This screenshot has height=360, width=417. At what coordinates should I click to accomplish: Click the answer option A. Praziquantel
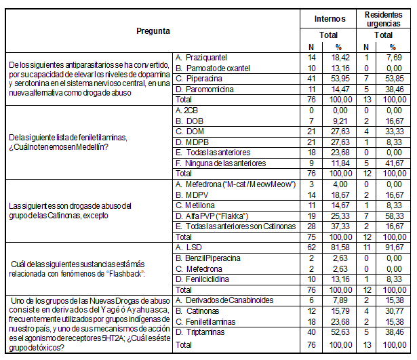[201, 58]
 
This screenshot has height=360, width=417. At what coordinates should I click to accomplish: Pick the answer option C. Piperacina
[198, 78]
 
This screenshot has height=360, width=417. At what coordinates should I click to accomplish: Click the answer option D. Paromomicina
[204, 88]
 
